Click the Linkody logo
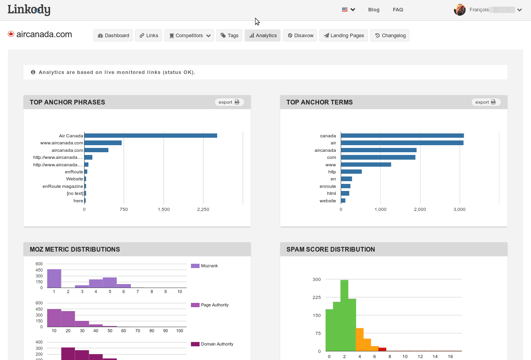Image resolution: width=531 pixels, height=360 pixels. click(29, 9)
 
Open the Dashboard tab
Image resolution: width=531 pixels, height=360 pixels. click(113, 36)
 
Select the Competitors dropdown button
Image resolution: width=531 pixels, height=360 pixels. click(189, 36)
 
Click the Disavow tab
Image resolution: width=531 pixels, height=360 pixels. click(300, 36)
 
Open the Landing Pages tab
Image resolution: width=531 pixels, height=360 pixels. click(343, 36)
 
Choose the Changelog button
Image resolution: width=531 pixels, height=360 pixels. click(390, 36)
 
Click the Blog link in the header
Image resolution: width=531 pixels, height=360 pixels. click(374, 10)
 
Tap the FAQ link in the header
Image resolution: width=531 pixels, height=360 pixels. click(398, 10)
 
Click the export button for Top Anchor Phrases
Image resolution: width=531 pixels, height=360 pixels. click(229, 102)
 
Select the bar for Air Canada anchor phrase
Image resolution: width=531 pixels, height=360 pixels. click(151, 136)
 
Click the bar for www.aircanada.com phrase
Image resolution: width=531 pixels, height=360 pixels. click(103, 143)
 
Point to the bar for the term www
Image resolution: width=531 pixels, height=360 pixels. click(366, 165)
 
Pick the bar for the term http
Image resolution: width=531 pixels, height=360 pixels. click(351, 172)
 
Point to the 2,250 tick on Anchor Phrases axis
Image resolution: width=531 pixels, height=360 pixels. click(203, 209)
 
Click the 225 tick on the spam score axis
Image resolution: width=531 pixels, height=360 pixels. click(317, 297)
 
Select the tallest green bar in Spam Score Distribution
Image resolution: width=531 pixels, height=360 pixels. click(344, 315)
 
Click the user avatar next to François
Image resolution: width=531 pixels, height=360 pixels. click(459, 10)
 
